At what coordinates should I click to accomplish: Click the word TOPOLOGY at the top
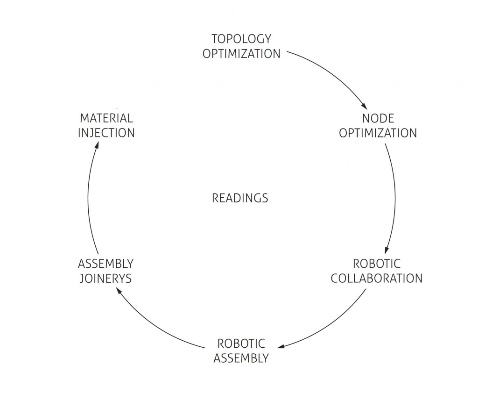click(x=241, y=38)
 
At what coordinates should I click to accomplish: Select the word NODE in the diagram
click(x=378, y=118)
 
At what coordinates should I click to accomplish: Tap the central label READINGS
click(x=240, y=198)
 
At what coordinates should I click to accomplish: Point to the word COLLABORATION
click(x=376, y=278)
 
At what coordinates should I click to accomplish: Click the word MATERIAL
click(x=106, y=118)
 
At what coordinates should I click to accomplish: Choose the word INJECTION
click(x=106, y=133)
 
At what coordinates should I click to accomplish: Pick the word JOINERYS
click(x=105, y=279)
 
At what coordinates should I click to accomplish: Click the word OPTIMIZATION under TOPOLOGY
click(x=241, y=53)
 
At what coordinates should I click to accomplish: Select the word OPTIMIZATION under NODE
click(x=378, y=133)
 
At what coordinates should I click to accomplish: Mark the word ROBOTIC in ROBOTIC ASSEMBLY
click(x=241, y=344)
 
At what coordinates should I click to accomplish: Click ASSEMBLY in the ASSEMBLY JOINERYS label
click(x=105, y=264)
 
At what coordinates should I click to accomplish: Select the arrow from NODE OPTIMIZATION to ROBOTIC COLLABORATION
click(x=395, y=196)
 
